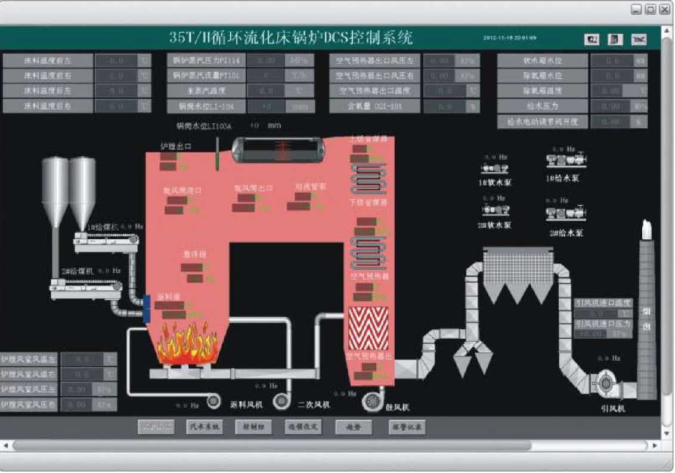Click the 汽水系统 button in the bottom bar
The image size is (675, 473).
203,427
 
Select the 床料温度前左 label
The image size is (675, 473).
48,60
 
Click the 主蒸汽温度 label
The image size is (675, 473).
206,91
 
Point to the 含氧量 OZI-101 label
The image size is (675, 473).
375,106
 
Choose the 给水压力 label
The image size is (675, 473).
542,106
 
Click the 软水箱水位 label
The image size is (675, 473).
542,60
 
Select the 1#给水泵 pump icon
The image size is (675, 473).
566,160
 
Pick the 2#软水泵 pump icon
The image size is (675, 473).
495,210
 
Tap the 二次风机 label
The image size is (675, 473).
314,405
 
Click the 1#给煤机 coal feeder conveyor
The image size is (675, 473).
106,241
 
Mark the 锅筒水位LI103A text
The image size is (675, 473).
203,126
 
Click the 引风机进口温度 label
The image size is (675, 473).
602,303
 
